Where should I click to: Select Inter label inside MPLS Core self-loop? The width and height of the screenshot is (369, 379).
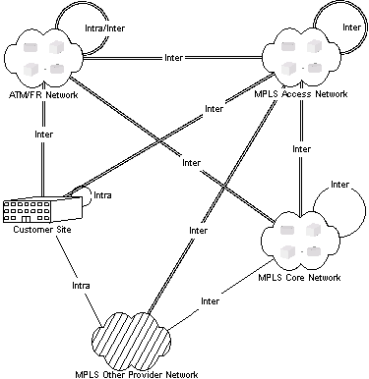(x=340, y=185)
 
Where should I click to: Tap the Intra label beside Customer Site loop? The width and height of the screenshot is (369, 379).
(x=101, y=196)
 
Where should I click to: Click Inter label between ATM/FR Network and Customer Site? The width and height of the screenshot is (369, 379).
(x=42, y=133)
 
